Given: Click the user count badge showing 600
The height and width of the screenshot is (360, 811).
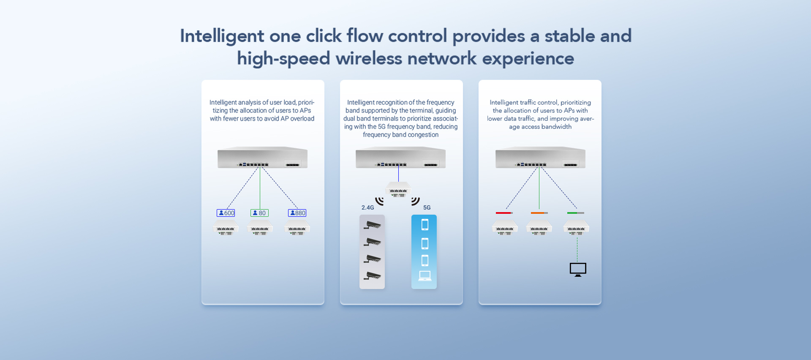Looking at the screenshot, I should tap(226, 213).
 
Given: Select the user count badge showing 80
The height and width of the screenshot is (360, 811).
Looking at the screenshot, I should tap(259, 213).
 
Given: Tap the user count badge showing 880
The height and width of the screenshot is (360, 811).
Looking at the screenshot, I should tap(297, 213).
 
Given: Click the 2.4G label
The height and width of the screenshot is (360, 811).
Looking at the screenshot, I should tap(367, 207).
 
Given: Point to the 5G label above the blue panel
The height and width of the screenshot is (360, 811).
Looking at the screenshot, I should tap(427, 207).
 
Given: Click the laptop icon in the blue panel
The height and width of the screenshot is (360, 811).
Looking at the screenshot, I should tap(425, 276).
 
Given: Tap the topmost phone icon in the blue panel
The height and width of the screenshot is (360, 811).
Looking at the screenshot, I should tap(425, 225).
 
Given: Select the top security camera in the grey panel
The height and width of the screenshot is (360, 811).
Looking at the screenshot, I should tap(372, 225).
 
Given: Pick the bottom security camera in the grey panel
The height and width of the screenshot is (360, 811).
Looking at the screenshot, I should tap(372, 276).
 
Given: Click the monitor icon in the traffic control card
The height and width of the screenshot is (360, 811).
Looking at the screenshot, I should tap(578, 269).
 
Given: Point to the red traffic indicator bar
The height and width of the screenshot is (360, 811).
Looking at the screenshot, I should tap(504, 213).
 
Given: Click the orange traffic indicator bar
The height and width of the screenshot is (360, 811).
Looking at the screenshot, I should tap(539, 213).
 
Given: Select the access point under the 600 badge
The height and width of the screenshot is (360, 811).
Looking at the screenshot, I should tap(226, 228).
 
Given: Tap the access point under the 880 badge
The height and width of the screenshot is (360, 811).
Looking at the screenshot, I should tap(297, 228).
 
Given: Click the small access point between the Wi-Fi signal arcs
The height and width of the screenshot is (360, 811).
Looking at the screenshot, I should tap(398, 189).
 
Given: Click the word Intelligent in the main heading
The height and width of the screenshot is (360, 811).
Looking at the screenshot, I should tap(222, 36).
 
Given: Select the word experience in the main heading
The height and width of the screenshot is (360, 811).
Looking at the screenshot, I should tap(528, 59).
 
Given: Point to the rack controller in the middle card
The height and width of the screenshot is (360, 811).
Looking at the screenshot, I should tap(400, 158).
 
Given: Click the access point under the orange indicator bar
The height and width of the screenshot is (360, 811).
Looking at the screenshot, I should tap(539, 228).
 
